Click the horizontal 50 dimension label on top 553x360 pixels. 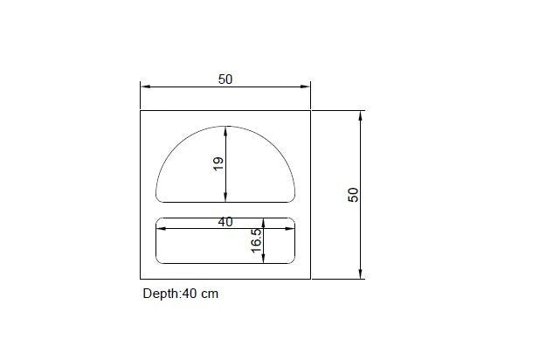225,79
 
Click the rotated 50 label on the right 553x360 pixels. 353,194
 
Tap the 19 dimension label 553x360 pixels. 218,163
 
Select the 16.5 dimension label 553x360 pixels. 256,241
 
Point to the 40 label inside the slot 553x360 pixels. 225,222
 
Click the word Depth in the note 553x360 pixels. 160,294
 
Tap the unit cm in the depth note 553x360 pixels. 210,294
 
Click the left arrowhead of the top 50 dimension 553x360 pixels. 145,87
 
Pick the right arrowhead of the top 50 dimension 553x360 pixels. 306,87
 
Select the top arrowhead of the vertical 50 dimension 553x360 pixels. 360,115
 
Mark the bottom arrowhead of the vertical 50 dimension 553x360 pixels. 360,273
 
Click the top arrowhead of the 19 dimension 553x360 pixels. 226,131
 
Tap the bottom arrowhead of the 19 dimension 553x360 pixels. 226,197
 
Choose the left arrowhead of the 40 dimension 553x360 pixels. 161,228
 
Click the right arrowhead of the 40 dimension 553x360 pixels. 291,228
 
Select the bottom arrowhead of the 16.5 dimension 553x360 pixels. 265,259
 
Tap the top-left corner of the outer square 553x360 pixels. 141,111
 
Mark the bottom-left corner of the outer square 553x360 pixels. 141,279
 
